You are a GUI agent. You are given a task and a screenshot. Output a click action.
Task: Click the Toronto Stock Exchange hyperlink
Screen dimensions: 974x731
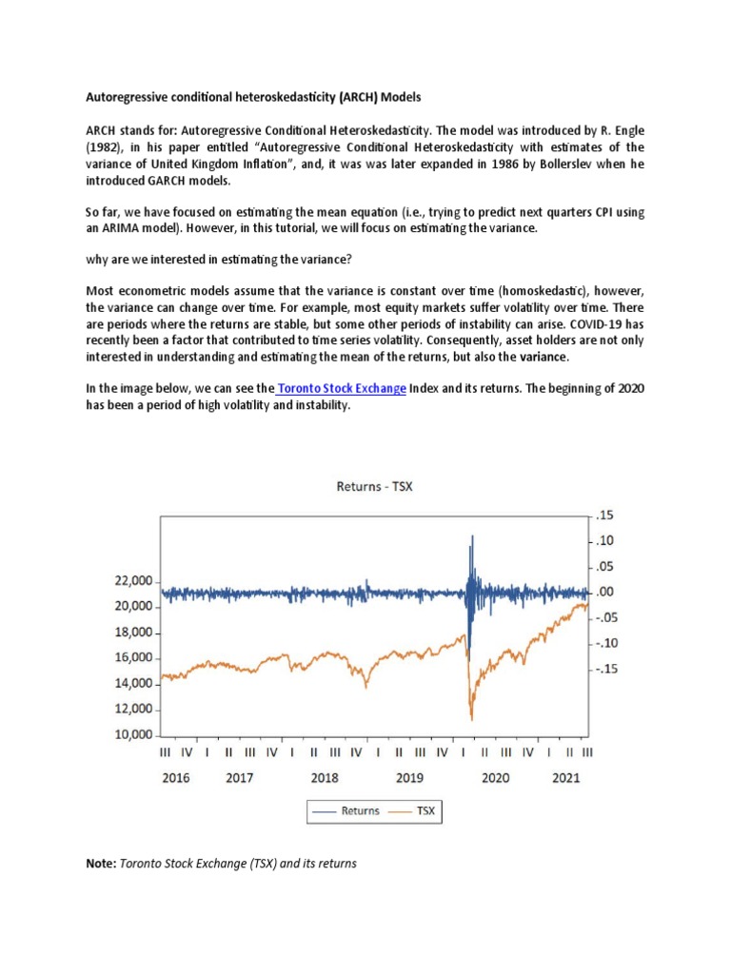pos(344,390)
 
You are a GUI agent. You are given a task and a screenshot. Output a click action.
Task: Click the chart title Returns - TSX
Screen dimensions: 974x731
pos(374,487)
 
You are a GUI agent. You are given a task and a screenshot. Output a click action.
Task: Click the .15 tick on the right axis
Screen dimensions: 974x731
pos(606,516)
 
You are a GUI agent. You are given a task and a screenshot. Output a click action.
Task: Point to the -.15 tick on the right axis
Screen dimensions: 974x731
pos(606,670)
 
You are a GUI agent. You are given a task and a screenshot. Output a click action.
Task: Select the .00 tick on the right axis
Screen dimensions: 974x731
pos(606,593)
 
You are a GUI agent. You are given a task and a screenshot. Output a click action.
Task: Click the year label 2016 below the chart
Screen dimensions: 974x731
pos(176,777)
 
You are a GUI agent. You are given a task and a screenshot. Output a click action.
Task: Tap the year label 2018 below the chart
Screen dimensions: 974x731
pos(325,777)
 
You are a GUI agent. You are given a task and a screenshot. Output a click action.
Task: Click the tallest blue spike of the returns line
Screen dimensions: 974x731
pos(471,537)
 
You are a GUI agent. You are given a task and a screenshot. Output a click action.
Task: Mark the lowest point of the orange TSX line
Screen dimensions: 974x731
pos(471,720)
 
